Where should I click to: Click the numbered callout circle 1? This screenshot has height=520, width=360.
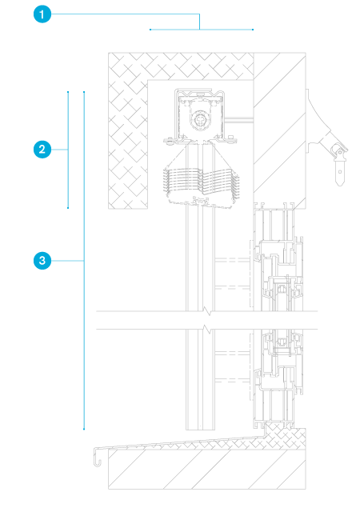click(x=42, y=14)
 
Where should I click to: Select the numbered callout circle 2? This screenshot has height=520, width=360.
click(x=42, y=150)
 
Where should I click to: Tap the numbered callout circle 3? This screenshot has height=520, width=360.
click(x=42, y=261)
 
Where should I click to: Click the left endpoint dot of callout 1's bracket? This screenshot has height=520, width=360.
click(x=150, y=30)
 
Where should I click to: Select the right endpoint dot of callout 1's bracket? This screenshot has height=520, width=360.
click(x=253, y=30)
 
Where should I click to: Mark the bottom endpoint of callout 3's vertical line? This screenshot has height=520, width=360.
click(x=84, y=429)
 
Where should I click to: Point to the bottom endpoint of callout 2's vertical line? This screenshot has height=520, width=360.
click(x=68, y=208)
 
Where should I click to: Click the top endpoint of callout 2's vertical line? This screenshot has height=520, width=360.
click(x=68, y=92)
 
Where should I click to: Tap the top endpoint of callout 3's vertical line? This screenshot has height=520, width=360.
click(x=84, y=92)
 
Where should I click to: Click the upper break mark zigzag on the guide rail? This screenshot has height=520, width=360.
click(x=207, y=311)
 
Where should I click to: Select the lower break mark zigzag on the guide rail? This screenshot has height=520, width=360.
click(x=207, y=330)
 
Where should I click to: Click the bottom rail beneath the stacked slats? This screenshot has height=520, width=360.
click(x=199, y=202)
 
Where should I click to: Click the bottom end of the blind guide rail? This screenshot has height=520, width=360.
click(x=200, y=430)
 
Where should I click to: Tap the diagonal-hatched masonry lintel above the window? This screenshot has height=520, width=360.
click(x=279, y=130)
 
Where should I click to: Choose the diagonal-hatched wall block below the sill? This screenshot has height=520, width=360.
click(x=207, y=469)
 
